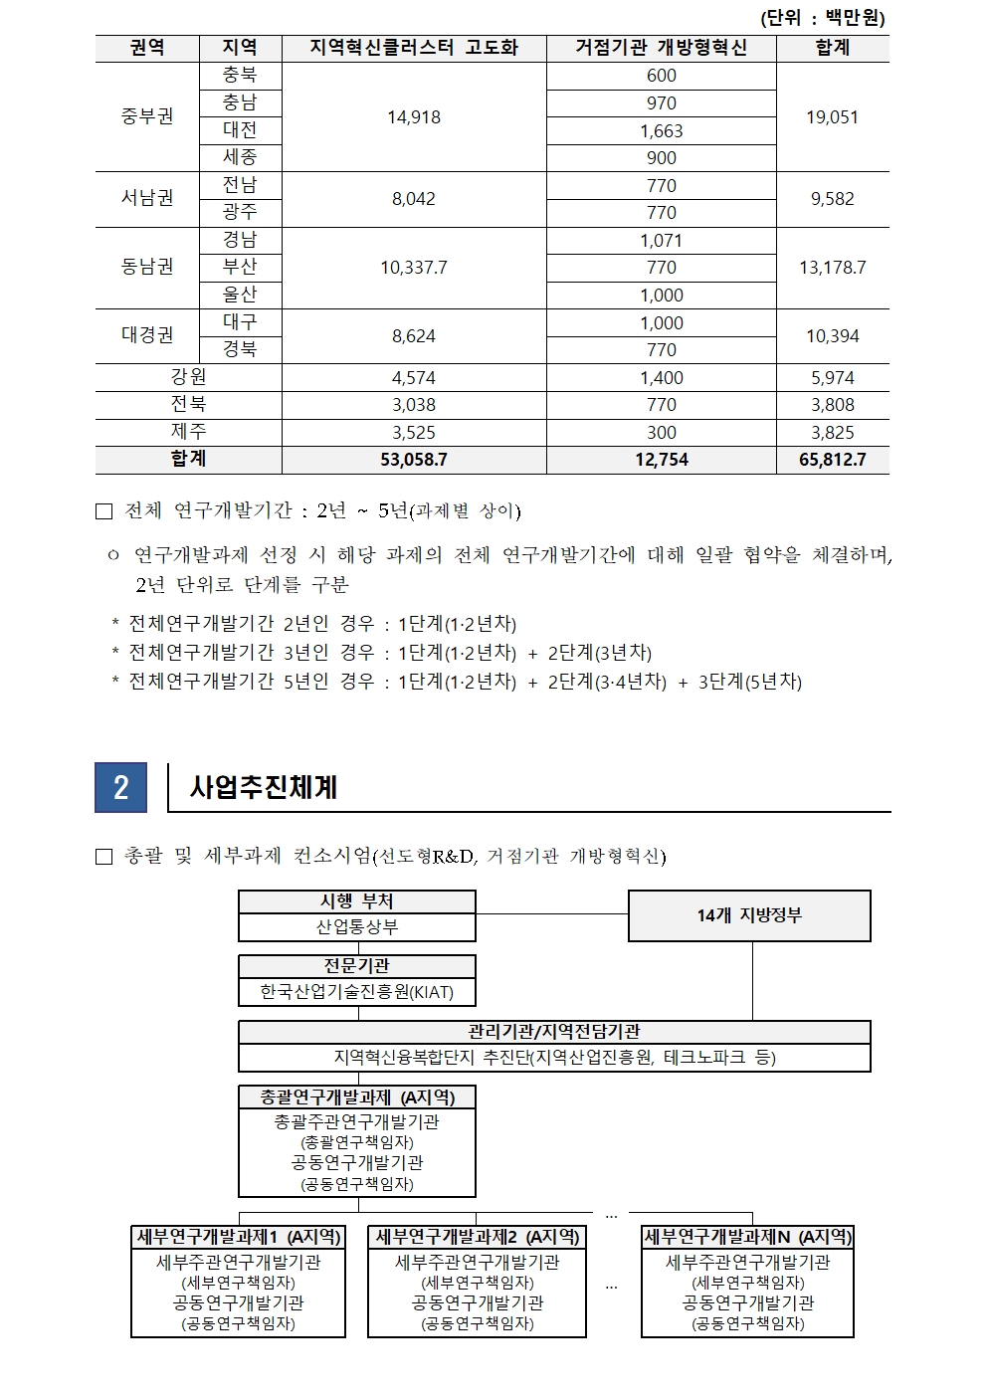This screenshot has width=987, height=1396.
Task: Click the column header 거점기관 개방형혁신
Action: [661, 48]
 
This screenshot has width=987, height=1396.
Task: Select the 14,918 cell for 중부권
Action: [414, 117]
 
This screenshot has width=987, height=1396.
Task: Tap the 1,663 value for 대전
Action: [661, 130]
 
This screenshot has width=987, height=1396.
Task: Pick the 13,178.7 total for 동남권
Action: [832, 268]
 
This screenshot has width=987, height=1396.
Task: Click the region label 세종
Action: [240, 157]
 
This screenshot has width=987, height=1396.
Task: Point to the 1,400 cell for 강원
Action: [661, 378]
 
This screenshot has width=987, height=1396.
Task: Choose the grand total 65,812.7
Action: [832, 460]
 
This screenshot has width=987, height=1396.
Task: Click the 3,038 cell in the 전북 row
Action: [414, 405]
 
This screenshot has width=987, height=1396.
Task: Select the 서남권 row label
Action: [147, 198]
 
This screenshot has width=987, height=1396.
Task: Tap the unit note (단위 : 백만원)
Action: [822, 18]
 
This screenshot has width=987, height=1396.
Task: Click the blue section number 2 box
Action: [120, 788]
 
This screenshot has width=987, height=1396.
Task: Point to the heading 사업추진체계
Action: [264, 788]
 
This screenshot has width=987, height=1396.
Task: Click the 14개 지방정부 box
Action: [749, 915]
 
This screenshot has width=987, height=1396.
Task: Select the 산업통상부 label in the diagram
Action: [357, 927]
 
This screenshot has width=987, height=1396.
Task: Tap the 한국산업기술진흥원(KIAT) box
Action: [357, 992]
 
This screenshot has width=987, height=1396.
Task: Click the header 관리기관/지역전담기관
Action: [554, 1032]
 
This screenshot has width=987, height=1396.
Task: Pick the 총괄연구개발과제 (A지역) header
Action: [357, 1097]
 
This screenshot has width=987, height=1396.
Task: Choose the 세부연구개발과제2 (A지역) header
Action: [477, 1237]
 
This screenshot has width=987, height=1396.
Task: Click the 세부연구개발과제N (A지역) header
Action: [747, 1237]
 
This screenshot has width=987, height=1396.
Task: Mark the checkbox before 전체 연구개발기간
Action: [104, 511]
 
